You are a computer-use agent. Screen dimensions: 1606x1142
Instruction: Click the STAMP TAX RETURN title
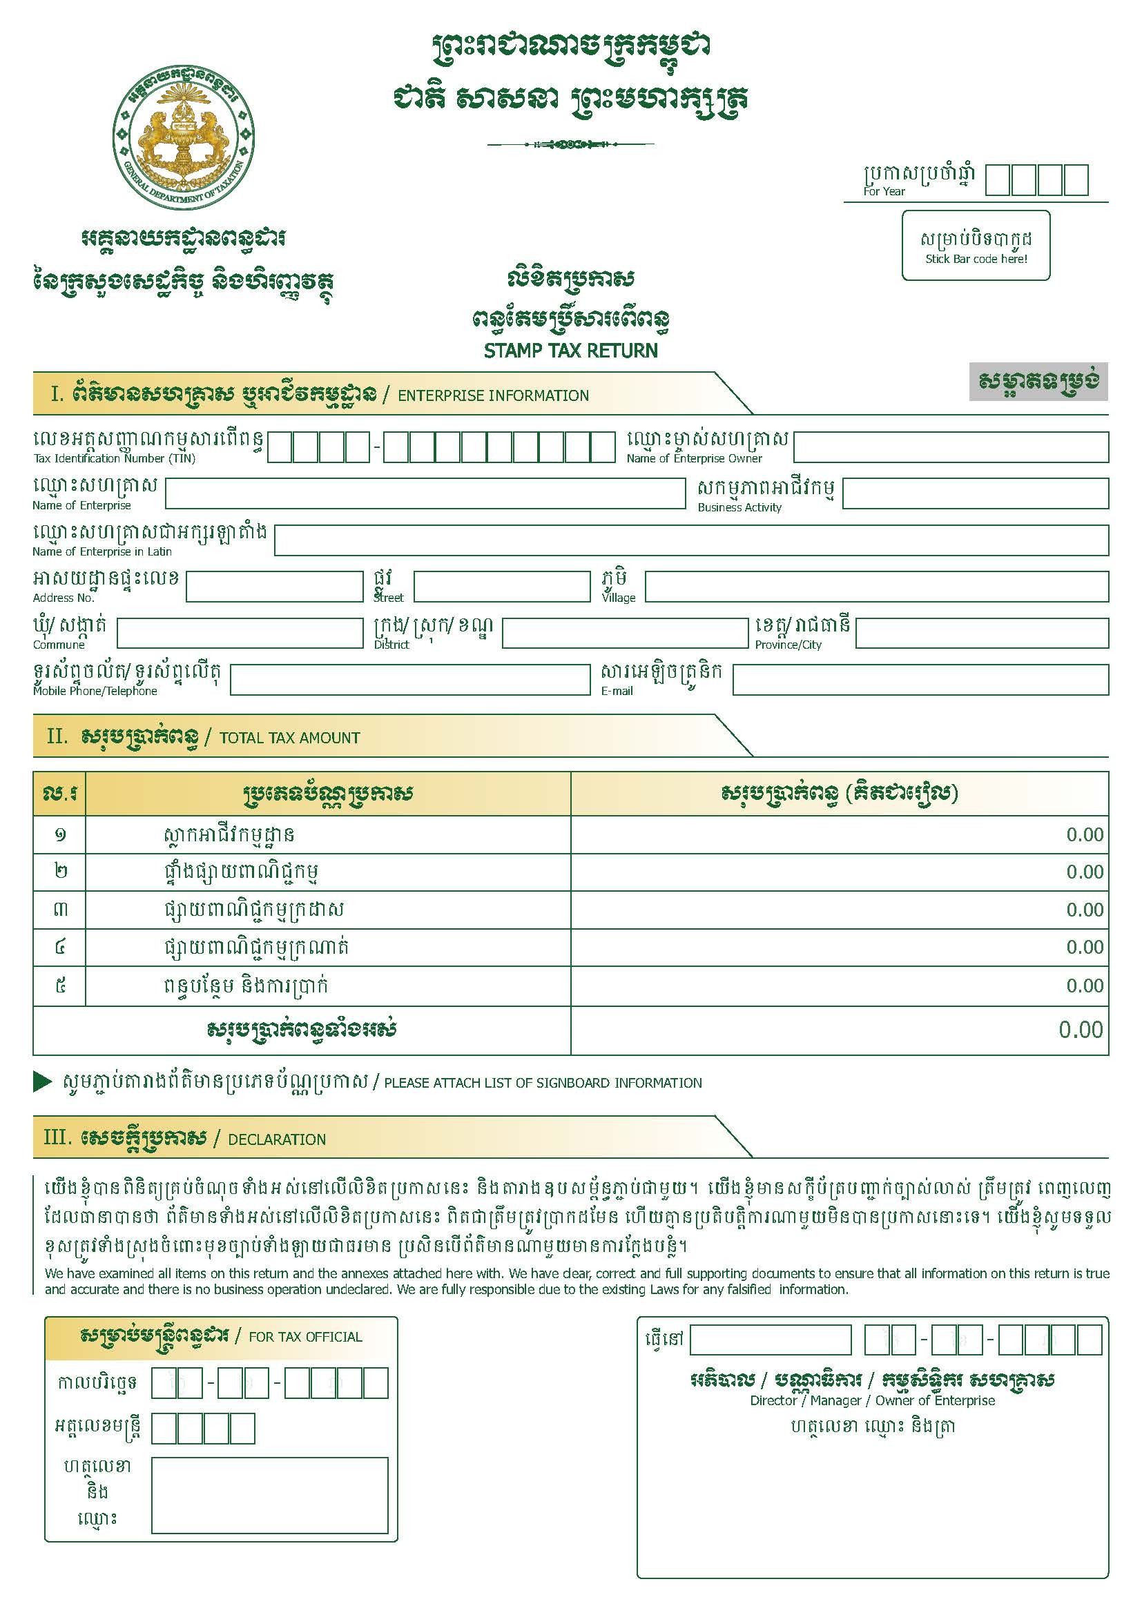570,350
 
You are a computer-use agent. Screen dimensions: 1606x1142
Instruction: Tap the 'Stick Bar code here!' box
976,245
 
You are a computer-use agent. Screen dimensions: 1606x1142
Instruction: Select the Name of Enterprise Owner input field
951,447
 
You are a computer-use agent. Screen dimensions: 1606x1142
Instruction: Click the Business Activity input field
975,493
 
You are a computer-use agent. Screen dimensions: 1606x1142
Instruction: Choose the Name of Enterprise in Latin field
691,540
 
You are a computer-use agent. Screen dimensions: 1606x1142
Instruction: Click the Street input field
501,586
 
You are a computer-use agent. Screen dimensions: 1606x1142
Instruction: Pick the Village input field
876,586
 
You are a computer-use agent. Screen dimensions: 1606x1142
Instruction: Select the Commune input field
239,633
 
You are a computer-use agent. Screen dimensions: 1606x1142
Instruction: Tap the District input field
624,633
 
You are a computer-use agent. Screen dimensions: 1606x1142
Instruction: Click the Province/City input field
982,633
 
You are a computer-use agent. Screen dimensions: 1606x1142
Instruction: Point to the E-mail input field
920,680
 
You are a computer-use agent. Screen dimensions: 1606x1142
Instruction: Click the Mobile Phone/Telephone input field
410,680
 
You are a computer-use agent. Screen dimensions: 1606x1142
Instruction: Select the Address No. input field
273,586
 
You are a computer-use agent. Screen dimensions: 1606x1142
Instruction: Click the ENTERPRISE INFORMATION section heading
493,395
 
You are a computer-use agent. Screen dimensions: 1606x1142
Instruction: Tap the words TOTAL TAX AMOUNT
289,738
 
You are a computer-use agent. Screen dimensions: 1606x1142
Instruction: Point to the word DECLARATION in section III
276,1139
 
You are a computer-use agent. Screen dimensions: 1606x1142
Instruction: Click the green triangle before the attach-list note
42,1082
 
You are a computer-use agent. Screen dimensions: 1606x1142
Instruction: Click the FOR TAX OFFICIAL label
305,1337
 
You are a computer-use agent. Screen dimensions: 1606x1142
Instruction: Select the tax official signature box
269,1495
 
